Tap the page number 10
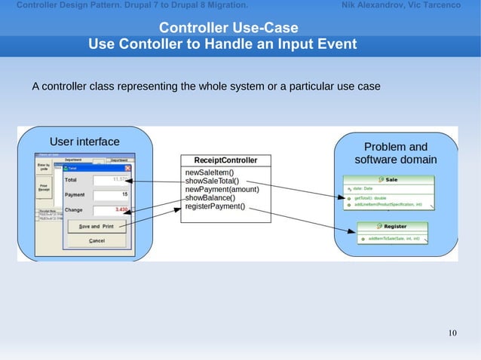pyautogui.click(x=452, y=334)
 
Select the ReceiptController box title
pyautogui.click(x=225, y=160)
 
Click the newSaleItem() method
pyautogui.click(x=209, y=172)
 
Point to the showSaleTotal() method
pyautogui.click(x=212, y=181)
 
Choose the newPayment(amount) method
pyautogui.click(x=222, y=189)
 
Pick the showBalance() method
pyautogui.click(x=210, y=197)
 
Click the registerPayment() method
pyautogui.click(x=215, y=206)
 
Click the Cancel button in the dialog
pyautogui.click(x=97, y=241)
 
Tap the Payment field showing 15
pyautogui.click(x=112, y=195)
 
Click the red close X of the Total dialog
pyautogui.click(x=127, y=169)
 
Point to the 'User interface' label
pyautogui.click(x=84, y=141)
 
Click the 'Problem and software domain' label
pyautogui.click(x=395, y=154)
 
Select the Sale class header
pyautogui.click(x=389, y=179)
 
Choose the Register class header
pyautogui.click(x=392, y=226)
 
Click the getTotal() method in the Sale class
pyautogui.click(x=370, y=197)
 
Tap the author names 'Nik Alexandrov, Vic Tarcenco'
pyautogui.click(x=400, y=5)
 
